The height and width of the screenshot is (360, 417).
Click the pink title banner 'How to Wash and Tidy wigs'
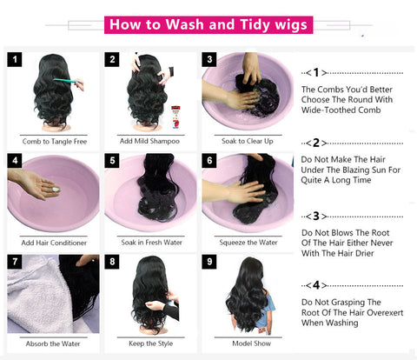(208, 24)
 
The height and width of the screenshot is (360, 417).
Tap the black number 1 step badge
(15, 59)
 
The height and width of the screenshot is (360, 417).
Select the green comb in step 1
(66, 80)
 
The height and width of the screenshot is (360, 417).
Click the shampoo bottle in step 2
(175, 117)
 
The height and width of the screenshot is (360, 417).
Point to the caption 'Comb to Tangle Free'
(55, 142)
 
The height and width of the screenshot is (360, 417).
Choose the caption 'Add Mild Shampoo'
(149, 141)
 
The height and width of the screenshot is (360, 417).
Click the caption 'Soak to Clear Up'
(248, 141)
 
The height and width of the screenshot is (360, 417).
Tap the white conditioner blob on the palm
(56, 190)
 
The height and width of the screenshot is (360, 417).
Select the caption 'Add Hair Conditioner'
(54, 243)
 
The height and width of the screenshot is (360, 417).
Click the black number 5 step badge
(112, 161)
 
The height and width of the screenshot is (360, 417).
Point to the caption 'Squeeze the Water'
(248, 243)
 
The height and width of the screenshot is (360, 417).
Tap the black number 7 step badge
(15, 262)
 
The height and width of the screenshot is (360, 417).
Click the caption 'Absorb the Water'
(53, 343)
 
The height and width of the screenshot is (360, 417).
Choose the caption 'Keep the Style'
(151, 343)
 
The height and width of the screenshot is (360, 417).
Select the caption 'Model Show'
(252, 343)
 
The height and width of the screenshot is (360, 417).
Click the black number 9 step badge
(209, 262)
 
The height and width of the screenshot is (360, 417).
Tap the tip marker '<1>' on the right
(316, 72)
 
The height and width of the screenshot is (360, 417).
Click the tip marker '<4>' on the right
(316, 285)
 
